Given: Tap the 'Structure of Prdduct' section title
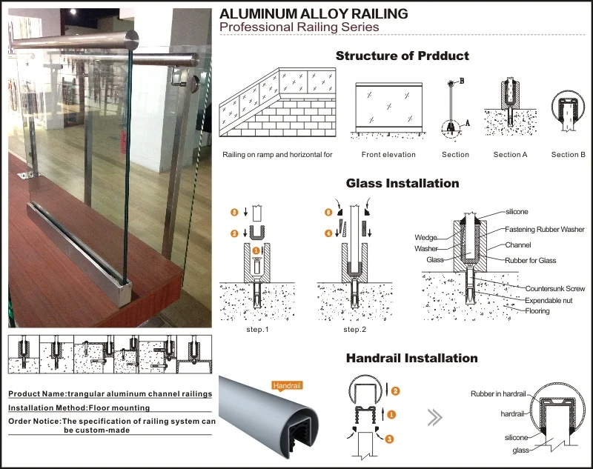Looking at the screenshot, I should click(402, 56).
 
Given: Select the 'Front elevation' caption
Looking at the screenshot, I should click(388, 155).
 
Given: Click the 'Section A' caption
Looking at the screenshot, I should click(510, 155).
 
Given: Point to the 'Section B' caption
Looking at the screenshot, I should click(568, 155).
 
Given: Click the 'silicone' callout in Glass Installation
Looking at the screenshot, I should click(517, 211).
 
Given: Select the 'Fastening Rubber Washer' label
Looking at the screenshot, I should click(545, 230).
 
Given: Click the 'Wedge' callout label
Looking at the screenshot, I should click(426, 238).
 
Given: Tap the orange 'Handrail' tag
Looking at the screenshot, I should click(287, 385).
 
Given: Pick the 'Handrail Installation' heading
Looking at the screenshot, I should click(411, 359).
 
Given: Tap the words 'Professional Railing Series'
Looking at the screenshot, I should click(299, 27).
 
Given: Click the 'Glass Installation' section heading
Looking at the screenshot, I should click(402, 183).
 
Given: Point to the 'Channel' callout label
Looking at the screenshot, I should click(518, 244).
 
